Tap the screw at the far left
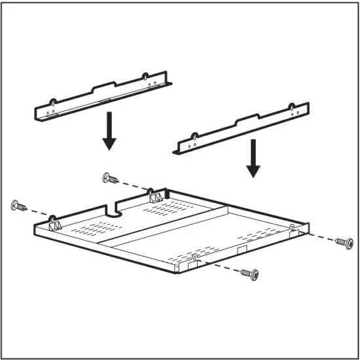click(x=18, y=207)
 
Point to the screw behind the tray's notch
click(x=109, y=177)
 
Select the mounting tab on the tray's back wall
click(x=154, y=194)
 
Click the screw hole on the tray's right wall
click(x=291, y=228)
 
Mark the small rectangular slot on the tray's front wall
click(x=241, y=249)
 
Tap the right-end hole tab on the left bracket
click(x=145, y=78)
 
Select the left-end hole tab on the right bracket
click(x=194, y=137)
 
